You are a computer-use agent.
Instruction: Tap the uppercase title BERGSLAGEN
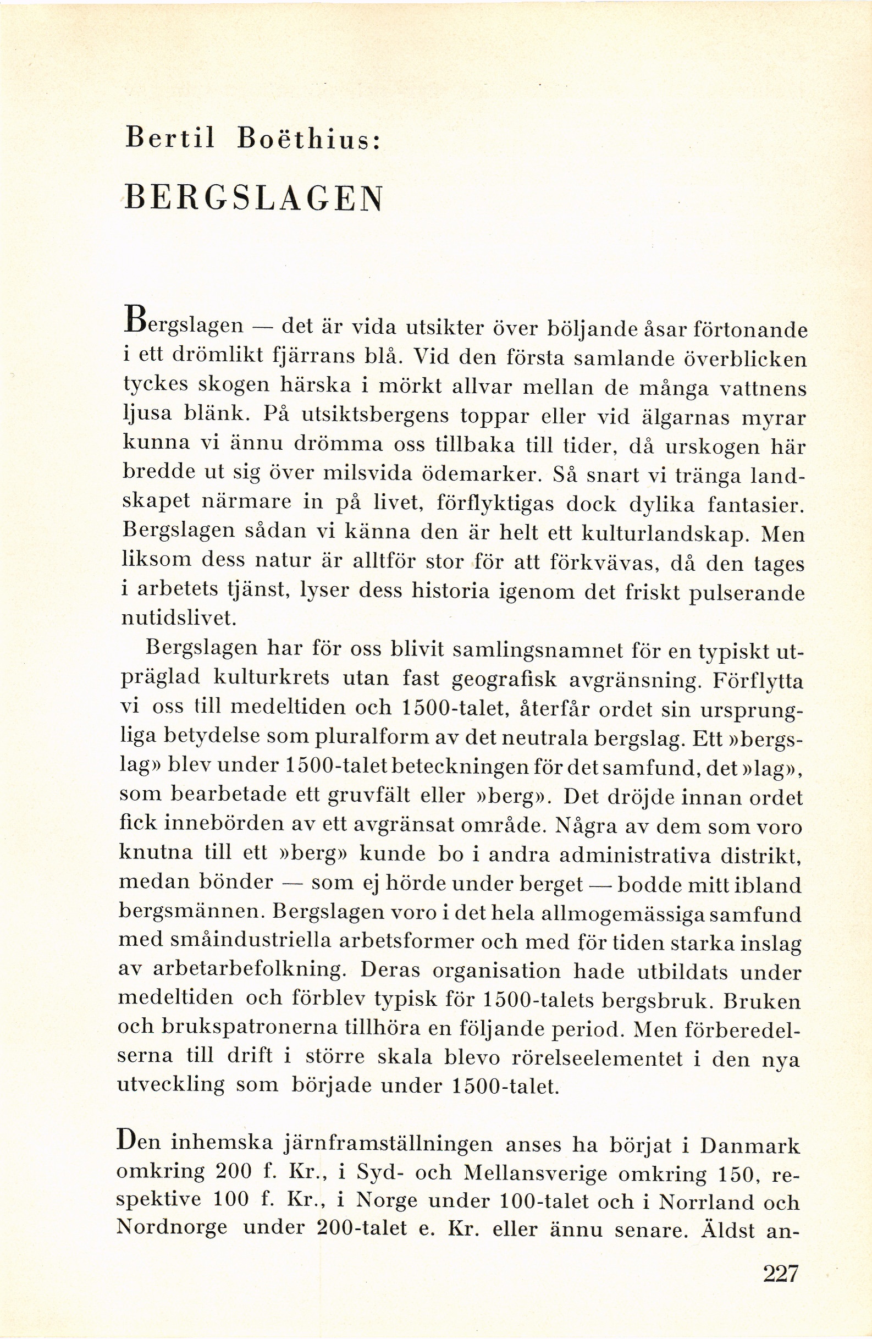coord(253,198)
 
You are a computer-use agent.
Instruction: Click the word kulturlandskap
coord(660,533)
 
